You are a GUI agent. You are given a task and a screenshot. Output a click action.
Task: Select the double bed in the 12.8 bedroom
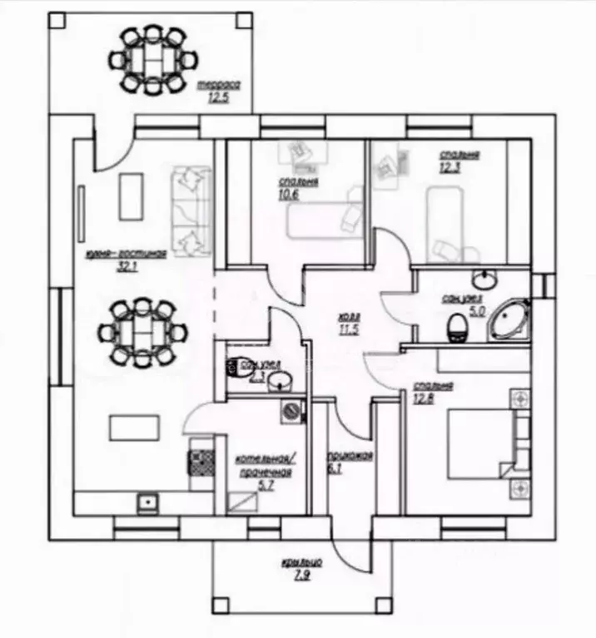point(481,444)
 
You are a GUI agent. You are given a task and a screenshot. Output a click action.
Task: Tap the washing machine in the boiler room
point(291,410)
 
